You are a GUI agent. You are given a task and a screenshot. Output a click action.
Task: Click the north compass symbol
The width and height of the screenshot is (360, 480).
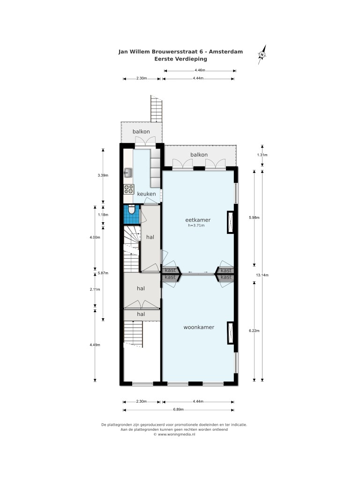coord(262,54)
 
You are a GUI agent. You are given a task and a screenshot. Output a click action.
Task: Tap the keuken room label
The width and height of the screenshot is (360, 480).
coord(146,194)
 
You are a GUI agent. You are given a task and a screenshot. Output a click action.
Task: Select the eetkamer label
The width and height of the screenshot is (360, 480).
coord(198,220)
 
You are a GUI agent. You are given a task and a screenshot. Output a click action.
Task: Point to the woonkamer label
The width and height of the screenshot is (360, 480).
coord(199,327)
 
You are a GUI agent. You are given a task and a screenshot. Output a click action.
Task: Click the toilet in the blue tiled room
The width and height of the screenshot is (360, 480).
coord(131,210)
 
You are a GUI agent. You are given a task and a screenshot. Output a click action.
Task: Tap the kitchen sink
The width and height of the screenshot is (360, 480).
coord(127,173)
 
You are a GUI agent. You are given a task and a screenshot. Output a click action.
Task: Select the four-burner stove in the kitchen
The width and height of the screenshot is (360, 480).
coord(128,189)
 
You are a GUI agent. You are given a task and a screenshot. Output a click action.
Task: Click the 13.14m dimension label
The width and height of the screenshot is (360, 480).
coord(262,275)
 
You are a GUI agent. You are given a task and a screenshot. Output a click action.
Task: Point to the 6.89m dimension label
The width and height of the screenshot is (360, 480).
coord(178,410)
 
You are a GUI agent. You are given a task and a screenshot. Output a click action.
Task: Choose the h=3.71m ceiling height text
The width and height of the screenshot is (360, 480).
coord(196,225)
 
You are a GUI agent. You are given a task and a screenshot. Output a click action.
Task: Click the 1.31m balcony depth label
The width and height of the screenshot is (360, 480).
coord(262,155)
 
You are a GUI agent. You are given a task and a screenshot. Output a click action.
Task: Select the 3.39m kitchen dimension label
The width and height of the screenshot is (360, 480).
coord(103,175)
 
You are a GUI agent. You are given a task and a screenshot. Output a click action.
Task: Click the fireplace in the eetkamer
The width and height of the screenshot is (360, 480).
coord(230,223)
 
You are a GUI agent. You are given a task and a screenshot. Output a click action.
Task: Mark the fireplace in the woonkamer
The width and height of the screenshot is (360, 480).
coord(230,333)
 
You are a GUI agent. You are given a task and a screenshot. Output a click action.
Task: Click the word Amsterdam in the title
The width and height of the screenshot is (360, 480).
coord(226,52)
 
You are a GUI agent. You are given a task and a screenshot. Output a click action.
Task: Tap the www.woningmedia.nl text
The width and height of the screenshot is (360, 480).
coord(176,434)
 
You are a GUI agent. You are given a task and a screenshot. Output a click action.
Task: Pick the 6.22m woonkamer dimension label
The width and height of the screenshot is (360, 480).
coord(254,330)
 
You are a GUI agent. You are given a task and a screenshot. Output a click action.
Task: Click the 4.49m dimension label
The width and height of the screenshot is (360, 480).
coord(95,345)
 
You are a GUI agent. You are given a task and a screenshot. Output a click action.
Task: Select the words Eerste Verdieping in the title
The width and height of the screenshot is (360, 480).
coord(180,59)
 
